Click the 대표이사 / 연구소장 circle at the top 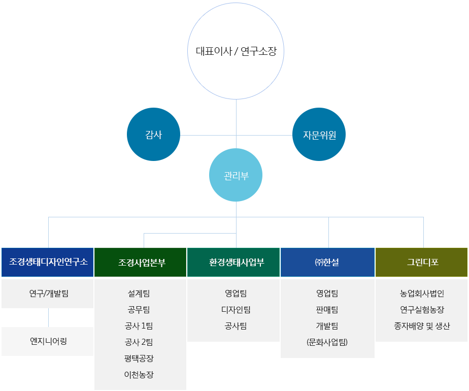tap(236, 51)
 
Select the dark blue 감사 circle tap(153, 135)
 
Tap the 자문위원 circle tap(319, 135)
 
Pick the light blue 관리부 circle tap(236, 175)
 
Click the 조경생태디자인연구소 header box tap(48, 262)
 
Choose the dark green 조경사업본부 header tap(140, 262)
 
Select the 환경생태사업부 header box tap(233, 262)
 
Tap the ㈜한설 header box tap(327, 262)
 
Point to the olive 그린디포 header tap(421, 262)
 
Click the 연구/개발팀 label tap(49, 294)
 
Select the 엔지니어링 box tap(48, 341)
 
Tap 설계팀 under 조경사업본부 tap(139, 294)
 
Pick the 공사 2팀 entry tap(139, 342)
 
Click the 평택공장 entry tap(139, 358)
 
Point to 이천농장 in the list tap(139, 374)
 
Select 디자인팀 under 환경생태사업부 tap(236, 310)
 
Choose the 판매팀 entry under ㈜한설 tap(327, 310)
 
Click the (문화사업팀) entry tap(327, 342)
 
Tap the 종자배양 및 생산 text tap(422, 326)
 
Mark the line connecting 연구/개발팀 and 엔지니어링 tap(48, 317)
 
